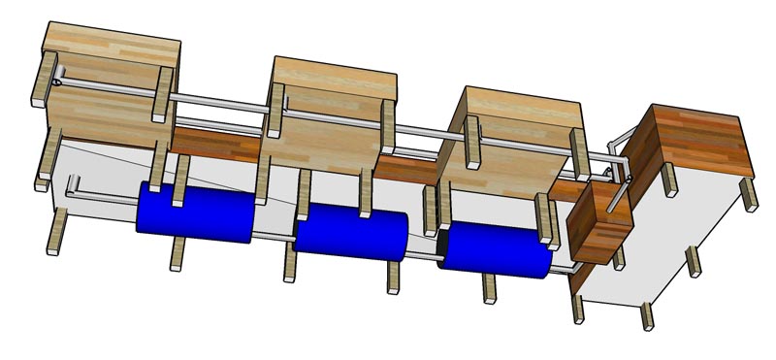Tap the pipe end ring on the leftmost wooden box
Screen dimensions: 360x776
click(x=57, y=83)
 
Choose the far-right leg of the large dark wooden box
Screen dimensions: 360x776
click(x=749, y=194)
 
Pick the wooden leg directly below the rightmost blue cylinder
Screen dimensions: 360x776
click(x=489, y=289)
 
